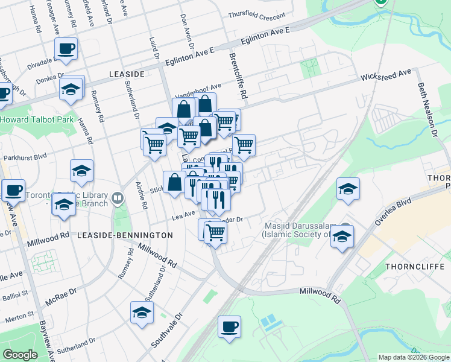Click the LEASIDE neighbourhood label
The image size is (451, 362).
tap(127, 74)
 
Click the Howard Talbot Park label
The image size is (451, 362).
tap(37, 119)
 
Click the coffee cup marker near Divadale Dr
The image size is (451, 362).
tap(66, 48)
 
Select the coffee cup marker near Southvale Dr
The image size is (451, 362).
tap(229, 327)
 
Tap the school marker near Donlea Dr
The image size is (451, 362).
tap(71, 89)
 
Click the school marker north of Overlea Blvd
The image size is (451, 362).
tap(348, 188)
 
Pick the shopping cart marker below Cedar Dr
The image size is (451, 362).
tap(215, 232)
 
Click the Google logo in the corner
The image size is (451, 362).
tap(20, 355)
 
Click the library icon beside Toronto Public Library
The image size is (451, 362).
tap(118, 197)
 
